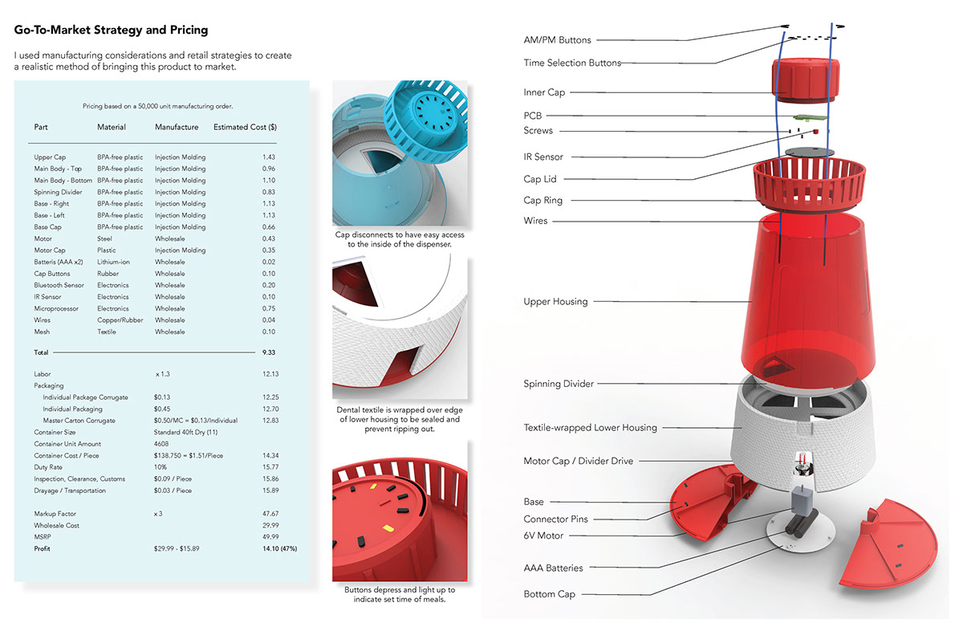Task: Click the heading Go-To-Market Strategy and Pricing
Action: coord(111,31)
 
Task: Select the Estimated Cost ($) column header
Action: coord(245,127)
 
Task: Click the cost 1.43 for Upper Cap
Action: coord(269,157)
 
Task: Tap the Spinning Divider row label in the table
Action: coord(59,192)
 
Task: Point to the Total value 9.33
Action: coord(269,352)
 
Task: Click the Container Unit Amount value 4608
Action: coord(162,444)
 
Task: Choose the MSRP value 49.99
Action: coord(270,537)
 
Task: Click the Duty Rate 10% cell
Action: coord(161,467)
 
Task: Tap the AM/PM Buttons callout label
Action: coord(557,40)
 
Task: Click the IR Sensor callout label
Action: coord(543,157)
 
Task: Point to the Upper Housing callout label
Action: coord(555,302)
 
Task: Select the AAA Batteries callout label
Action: coord(553,568)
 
